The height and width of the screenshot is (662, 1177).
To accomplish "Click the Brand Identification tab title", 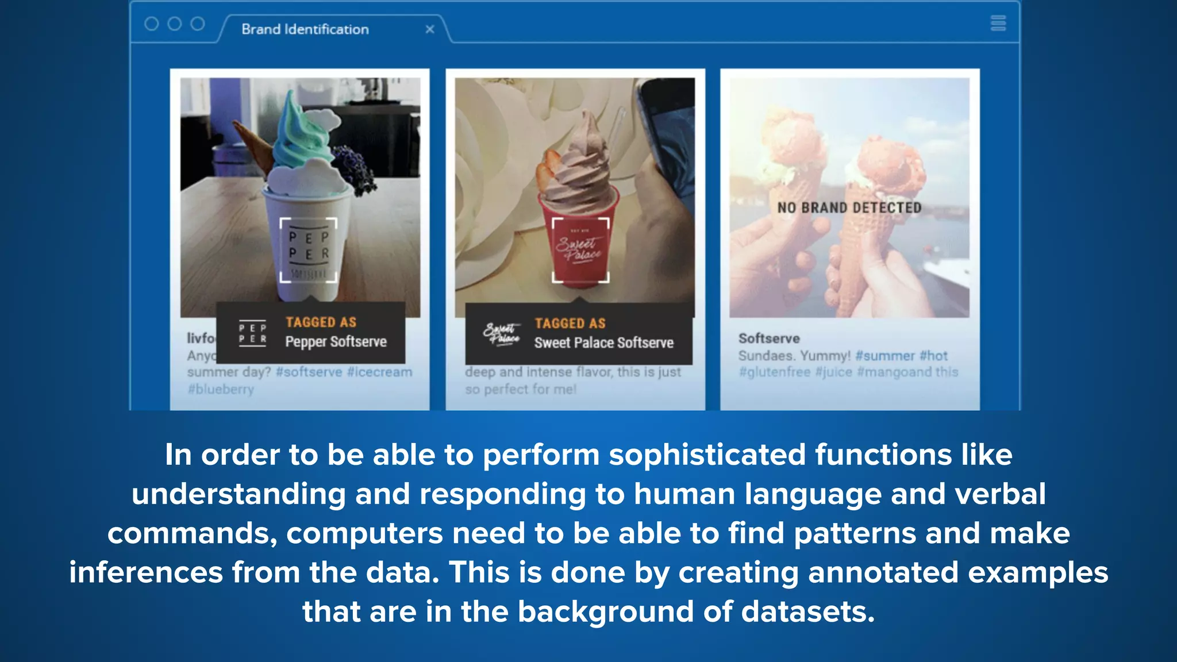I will click(305, 29).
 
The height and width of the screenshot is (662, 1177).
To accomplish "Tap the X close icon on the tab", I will click(430, 29).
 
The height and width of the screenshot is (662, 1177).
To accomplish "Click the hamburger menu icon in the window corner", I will click(998, 24).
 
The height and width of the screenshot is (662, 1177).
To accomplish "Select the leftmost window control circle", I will click(152, 24).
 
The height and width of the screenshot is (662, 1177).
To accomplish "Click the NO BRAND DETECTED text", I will click(849, 208).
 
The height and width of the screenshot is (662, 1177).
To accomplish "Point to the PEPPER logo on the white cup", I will click(309, 251).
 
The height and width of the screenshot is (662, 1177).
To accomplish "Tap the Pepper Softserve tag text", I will click(336, 342).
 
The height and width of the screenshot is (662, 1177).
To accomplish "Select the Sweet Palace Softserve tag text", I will click(603, 343).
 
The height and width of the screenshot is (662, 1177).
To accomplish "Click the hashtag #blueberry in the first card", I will click(221, 390).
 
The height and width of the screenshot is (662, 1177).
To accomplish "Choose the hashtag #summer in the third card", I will click(885, 356).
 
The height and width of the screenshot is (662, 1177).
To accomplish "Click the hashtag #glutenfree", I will click(774, 372).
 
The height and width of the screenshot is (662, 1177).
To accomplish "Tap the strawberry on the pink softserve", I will click(548, 168).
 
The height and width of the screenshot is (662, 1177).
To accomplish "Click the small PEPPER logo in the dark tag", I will click(253, 333).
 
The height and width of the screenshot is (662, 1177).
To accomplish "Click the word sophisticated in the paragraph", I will click(707, 455).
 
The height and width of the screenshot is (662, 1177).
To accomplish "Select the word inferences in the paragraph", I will click(146, 573).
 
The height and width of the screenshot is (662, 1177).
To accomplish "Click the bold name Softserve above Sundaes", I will click(769, 338).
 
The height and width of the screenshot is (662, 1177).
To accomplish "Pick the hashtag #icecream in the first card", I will click(379, 372).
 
